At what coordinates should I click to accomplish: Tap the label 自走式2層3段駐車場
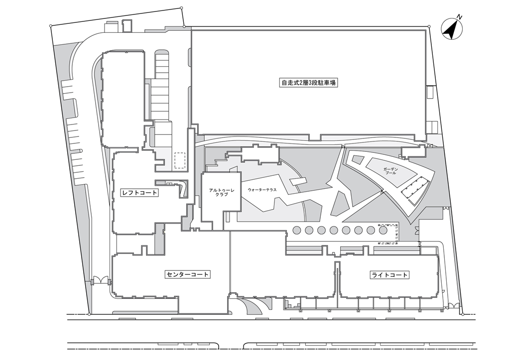pyautogui.click(x=308, y=83)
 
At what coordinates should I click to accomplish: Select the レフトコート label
pyautogui.click(x=139, y=193)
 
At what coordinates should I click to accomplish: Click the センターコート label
pyautogui.click(x=187, y=274)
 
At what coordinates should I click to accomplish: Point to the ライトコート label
pyautogui.click(x=389, y=275)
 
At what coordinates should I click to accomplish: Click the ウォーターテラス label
pyautogui.click(x=262, y=190)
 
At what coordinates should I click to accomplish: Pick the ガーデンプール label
pyautogui.click(x=390, y=171)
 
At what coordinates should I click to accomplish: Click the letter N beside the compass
pyautogui.click(x=459, y=16)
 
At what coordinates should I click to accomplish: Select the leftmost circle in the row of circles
pyautogui.click(x=297, y=230)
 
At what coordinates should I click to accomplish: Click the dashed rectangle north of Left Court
pyautogui.click(x=180, y=160)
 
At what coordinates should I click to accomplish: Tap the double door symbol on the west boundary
pyautogui.click(x=101, y=280)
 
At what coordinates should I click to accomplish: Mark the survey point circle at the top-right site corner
pyautogui.click(x=429, y=27)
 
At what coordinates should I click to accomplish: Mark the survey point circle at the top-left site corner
pyautogui.click(x=51, y=26)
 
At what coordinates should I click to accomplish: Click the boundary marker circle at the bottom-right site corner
pyautogui.click(x=462, y=314)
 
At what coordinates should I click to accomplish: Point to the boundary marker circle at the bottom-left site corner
pyautogui.click(x=89, y=314)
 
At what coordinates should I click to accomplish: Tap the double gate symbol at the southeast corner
pyautogui.click(x=452, y=306)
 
